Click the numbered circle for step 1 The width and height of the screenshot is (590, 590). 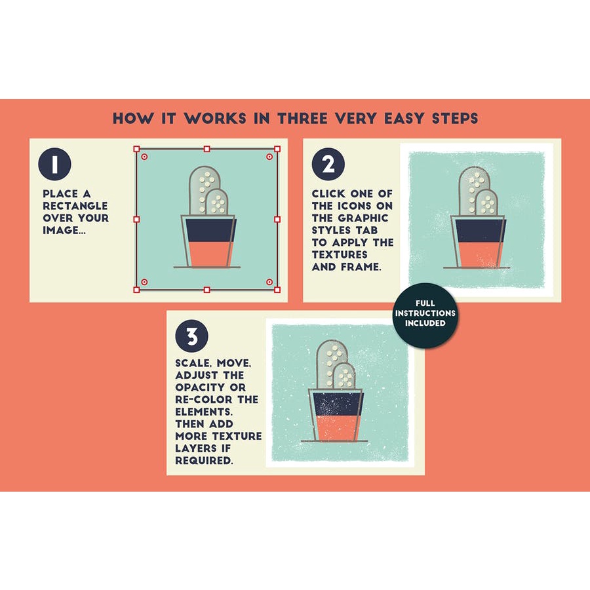pos(54,164)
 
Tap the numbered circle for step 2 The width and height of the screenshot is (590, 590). pos(328,164)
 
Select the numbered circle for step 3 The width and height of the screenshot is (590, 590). pos(191,336)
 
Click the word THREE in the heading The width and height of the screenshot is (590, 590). pos(302,119)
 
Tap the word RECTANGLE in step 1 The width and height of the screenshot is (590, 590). pos(75,206)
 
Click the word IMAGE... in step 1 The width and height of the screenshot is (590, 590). pos(64,230)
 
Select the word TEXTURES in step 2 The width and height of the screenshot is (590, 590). pos(340,254)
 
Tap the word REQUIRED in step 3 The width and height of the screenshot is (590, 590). pos(203,460)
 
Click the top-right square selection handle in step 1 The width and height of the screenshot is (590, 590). pos(277,149)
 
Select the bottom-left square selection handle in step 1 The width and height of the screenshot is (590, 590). pos(136,289)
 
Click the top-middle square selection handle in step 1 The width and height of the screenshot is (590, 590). pos(206,149)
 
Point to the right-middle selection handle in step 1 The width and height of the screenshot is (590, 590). pos(277,219)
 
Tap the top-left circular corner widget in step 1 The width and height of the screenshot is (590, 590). pos(144,157)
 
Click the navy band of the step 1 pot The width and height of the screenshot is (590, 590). pos(210,230)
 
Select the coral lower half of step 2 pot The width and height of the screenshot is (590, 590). pos(481,254)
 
